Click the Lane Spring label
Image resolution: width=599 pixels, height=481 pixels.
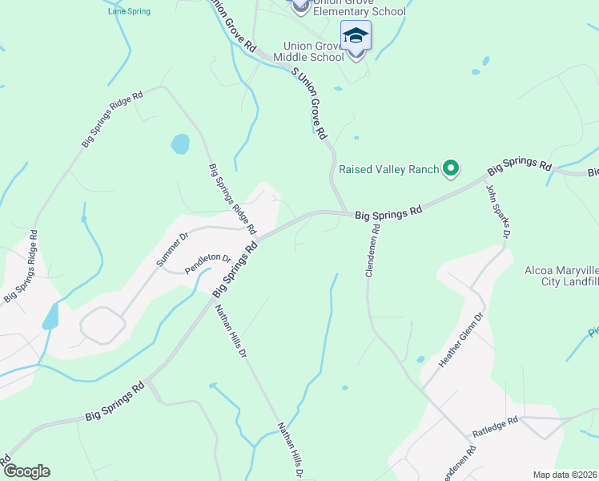click(x=129, y=11)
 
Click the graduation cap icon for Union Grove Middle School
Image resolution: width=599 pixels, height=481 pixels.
click(x=356, y=36)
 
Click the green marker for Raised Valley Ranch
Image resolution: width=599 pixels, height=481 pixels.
click(x=451, y=168)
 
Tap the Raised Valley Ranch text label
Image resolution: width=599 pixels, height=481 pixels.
click(x=389, y=169)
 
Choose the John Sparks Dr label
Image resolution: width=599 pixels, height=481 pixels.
click(x=498, y=212)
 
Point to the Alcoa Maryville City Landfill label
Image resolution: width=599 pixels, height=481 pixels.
click(x=561, y=276)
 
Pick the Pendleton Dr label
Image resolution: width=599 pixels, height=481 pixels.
click(x=207, y=265)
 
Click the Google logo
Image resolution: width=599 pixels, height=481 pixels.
click(x=26, y=471)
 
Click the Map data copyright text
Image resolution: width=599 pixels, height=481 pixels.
click(x=564, y=475)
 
